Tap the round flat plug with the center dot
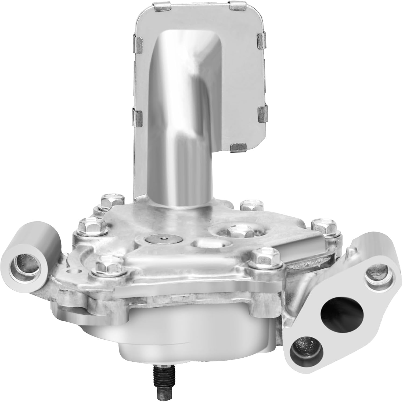pos(163,239)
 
